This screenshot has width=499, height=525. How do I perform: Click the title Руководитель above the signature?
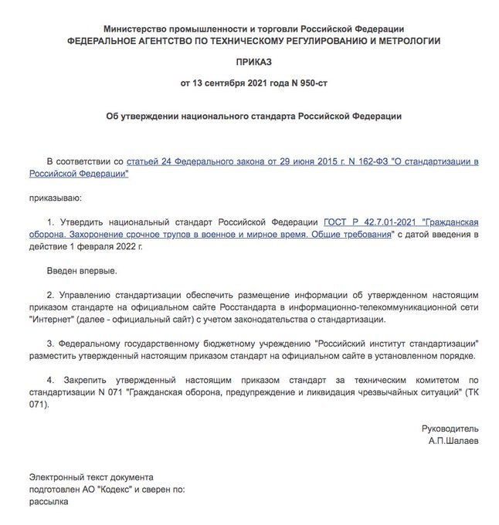pos(450,428)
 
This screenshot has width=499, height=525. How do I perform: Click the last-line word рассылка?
pos(49,501)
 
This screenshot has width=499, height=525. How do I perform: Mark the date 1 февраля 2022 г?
pos(104,246)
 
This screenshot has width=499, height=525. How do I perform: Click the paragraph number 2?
pos(50,295)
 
